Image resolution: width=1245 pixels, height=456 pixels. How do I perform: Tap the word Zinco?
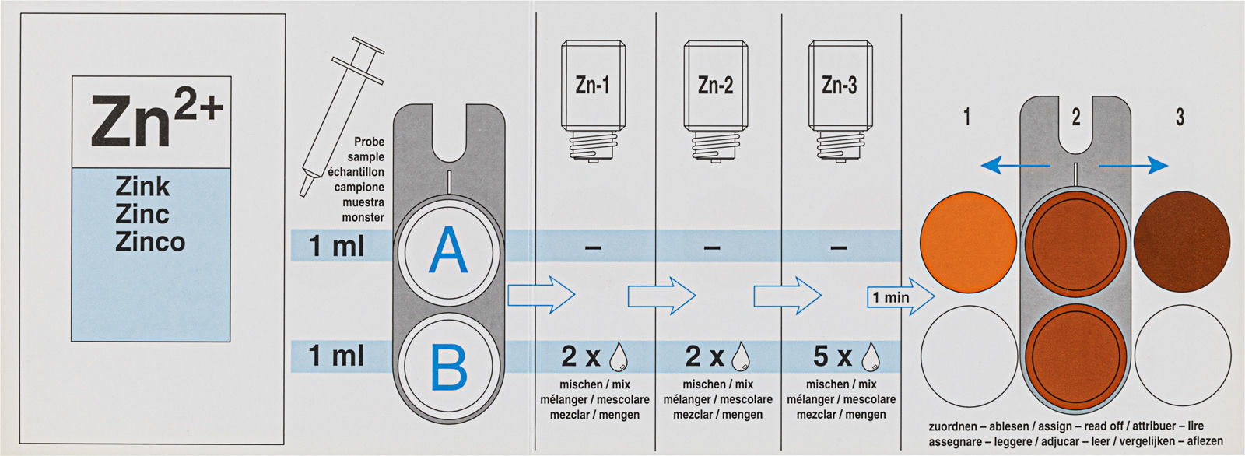150,242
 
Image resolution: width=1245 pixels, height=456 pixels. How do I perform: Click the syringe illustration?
342,117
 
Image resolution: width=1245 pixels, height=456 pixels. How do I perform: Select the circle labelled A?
448,251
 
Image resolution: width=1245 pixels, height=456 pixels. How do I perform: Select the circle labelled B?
448,367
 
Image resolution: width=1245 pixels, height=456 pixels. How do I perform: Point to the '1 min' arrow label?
892,297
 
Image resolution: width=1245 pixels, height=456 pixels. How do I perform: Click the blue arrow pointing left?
1012,165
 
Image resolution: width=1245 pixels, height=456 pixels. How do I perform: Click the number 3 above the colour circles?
1180,118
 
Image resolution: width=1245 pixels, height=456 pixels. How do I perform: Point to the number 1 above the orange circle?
966,118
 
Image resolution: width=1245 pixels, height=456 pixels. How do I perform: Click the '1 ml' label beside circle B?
336,356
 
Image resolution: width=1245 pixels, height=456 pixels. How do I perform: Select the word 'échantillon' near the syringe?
356,172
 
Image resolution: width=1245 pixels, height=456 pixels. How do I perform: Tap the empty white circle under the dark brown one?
1182,356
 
